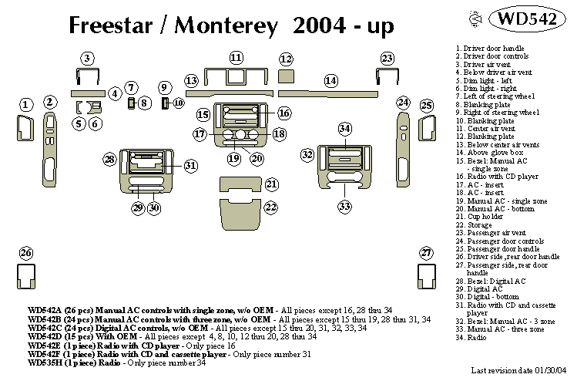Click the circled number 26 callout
[26, 253]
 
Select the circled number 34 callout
[345, 128]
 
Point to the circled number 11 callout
[236, 58]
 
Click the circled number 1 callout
[26, 104]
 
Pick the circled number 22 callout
[271, 207]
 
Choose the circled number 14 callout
[330, 81]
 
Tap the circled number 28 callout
[110, 160]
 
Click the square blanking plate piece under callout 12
[287, 76]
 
